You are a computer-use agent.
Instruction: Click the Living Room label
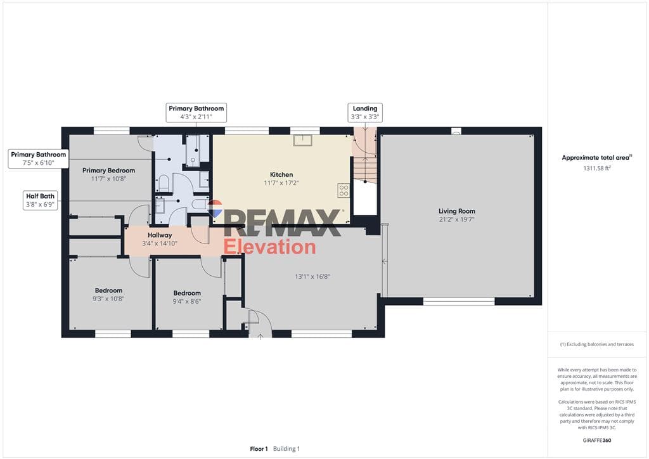click(x=456, y=211)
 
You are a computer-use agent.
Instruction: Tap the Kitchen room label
click(x=281, y=174)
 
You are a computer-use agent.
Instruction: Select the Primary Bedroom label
click(x=108, y=171)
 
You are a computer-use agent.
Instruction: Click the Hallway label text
click(x=160, y=235)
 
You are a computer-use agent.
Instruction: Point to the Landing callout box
click(x=364, y=113)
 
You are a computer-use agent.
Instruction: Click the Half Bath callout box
click(x=40, y=200)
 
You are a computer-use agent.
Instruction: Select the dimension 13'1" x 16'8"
click(x=312, y=277)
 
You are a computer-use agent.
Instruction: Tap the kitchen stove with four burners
click(x=344, y=190)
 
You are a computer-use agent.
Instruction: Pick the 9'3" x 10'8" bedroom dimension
click(x=108, y=299)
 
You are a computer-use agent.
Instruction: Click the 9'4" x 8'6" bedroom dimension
click(x=187, y=301)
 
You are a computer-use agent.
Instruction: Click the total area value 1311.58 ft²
click(x=597, y=168)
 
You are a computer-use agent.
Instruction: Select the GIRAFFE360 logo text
click(x=596, y=441)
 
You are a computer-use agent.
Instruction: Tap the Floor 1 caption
click(x=259, y=449)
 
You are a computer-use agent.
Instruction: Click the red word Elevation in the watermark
click(x=269, y=247)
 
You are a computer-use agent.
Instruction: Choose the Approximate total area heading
click(x=596, y=158)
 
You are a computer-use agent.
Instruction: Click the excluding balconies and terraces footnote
click(x=596, y=344)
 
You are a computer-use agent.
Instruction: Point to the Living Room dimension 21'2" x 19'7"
click(x=456, y=220)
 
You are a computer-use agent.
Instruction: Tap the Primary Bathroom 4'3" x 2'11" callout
click(x=196, y=113)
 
